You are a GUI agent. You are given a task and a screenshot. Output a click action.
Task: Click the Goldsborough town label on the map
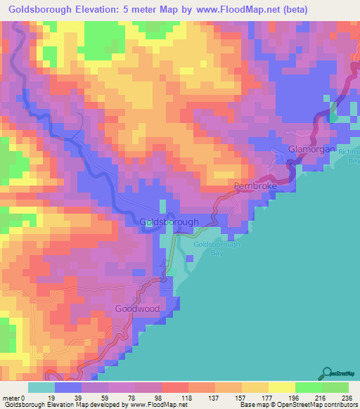click(x=169, y=222)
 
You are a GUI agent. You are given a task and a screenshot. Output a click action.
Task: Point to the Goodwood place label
click(x=138, y=309)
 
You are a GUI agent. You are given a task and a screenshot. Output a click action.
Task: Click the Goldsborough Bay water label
click(x=217, y=248)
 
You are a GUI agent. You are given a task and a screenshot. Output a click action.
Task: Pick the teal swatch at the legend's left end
click(x=41, y=387)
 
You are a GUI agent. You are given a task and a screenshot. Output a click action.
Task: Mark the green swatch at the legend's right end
click(x=335, y=387)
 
